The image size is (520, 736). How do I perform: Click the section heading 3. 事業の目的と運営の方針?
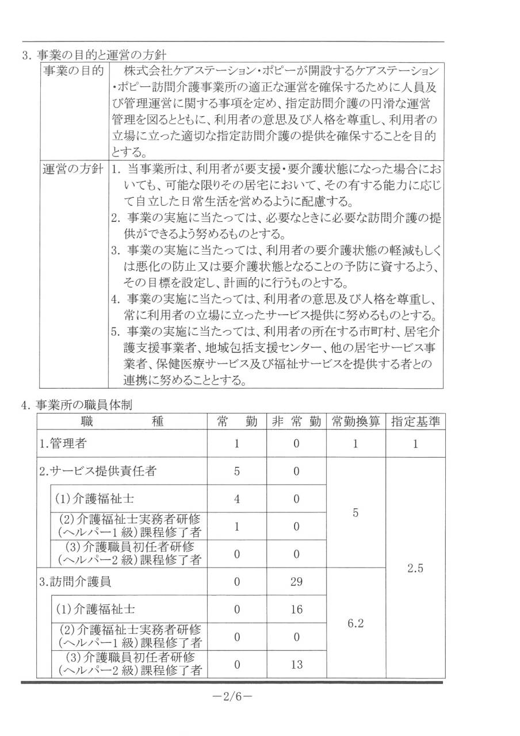click(94, 56)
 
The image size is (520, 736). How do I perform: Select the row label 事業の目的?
click(72, 71)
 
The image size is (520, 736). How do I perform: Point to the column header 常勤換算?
click(355, 421)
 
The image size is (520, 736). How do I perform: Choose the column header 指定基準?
click(415, 421)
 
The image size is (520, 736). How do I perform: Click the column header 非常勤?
click(296, 421)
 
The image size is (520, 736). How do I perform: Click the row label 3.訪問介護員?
click(75, 581)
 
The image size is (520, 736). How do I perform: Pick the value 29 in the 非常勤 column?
click(296, 581)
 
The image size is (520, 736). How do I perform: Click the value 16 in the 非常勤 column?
click(296, 609)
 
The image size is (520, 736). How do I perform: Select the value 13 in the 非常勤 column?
click(296, 665)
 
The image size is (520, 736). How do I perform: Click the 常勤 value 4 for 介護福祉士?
click(236, 499)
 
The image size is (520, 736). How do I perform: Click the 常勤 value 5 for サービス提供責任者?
click(236, 471)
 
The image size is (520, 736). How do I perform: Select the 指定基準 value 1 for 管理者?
click(415, 444)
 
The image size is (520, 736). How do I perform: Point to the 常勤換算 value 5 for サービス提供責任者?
click(355, 513)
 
